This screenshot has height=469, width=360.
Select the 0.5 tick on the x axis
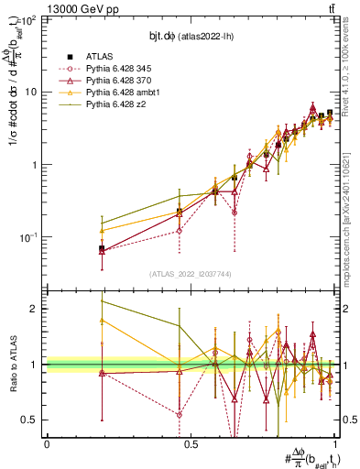coord(190,444)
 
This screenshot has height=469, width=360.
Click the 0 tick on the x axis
coord(46,444)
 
